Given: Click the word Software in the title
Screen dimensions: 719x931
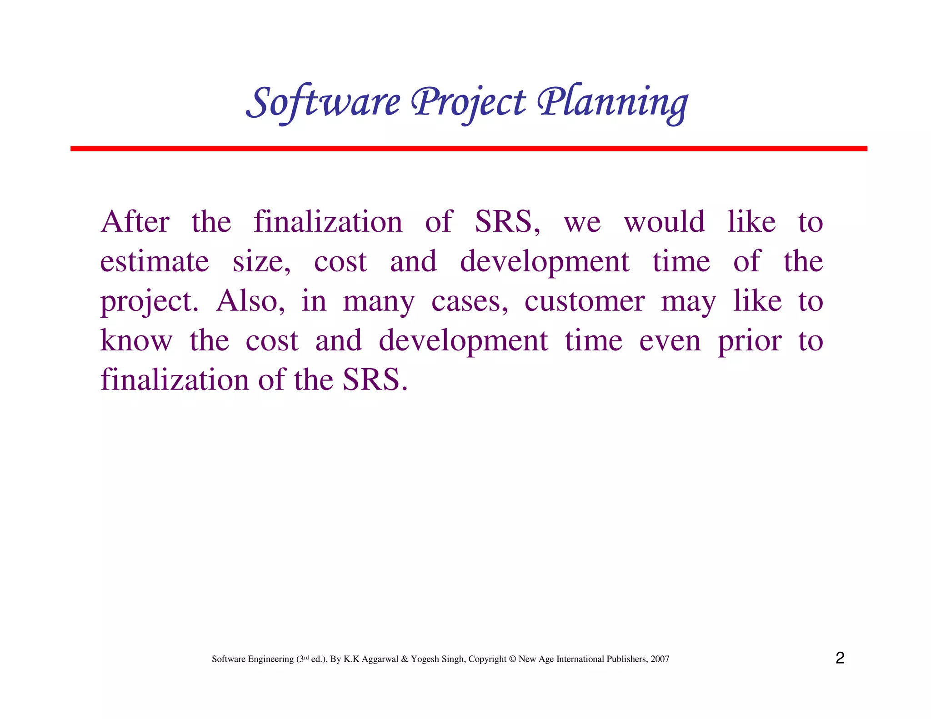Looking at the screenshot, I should [x=323, y=102].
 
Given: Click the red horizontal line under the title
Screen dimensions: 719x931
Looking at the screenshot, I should [x=468, y=149].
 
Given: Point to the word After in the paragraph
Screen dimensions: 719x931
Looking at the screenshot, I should [x=135, y=222].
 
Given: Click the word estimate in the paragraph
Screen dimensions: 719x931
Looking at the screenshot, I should [x=155, y=262].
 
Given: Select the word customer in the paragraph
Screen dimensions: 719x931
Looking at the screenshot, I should [x=584, y=301].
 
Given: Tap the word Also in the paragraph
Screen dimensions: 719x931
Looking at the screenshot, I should [x=250, y=301].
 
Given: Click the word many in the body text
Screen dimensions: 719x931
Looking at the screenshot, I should [x=379, y=302].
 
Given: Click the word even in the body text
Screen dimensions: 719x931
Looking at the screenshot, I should [x=670, y=341].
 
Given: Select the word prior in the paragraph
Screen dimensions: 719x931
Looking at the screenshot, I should [x=750, y=341].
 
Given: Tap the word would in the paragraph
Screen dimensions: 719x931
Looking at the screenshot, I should [x=664, y=222].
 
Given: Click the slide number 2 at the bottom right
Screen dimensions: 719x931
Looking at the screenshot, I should [x=840, y=658].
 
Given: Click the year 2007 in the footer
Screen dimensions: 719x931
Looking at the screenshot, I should [x=660, y=659].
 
